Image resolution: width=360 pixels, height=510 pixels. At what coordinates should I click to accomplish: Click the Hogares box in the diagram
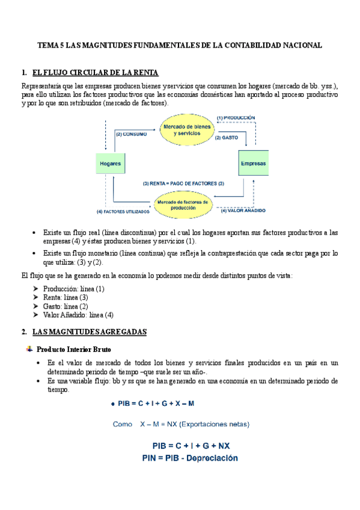click(112, 164)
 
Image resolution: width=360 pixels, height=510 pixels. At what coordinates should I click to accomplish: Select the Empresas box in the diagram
click(253, 164)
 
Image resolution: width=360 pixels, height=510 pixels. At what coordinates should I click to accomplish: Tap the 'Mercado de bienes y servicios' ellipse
click(187, 129)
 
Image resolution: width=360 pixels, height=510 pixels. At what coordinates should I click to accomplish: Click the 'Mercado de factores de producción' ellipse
click(183, 204)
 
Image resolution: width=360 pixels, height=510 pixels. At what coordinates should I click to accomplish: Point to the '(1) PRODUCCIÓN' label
click(236, 118)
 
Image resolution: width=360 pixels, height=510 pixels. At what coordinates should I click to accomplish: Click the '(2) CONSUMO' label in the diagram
click(131, 134)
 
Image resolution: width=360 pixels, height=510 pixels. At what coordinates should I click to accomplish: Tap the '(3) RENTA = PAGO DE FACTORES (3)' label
click(183, 183)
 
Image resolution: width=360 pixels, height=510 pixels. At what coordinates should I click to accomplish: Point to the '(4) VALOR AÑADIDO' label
click(243, 210)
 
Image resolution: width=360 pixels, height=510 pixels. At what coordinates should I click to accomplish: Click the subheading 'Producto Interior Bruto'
click(73, 349)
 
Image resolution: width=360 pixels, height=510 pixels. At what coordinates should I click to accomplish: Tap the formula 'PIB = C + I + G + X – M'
click(156, 404)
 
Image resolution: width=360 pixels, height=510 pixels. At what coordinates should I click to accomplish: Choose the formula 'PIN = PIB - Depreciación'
click(190, 458)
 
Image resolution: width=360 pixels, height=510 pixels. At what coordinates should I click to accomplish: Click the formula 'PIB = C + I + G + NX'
click(190, 446)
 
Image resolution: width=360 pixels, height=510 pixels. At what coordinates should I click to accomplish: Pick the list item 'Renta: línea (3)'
click(66, 297)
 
